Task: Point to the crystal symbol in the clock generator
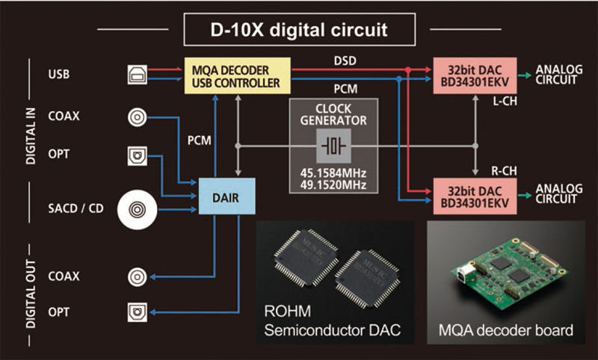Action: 333,145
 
